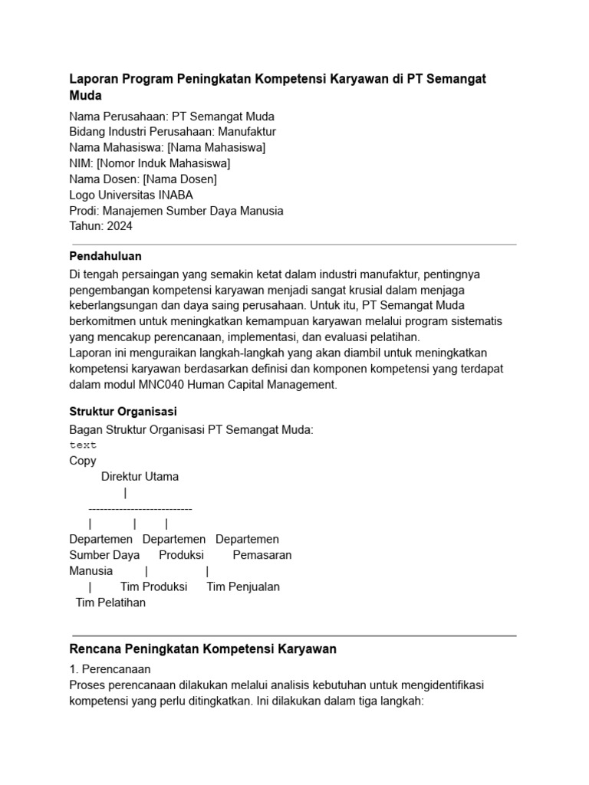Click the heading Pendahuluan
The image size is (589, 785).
click(x=105, y=256)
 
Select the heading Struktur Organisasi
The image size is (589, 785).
click(x=123, y=412)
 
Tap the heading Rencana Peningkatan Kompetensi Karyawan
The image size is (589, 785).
click(x=202, y=649)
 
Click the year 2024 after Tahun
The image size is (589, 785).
click(x=119, y=226)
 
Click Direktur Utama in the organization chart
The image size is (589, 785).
click(x=140, y=476)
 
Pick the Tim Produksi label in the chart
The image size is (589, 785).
click(x=153, y=586)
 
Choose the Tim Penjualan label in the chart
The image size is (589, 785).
click(x=243, y=586)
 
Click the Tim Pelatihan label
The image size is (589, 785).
click(x=110, y=603)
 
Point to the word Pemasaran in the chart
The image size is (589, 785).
click(x=262, y=555)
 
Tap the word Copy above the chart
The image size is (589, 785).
click(x=83, y=461)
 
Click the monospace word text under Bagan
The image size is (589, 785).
click(x=83, y=445)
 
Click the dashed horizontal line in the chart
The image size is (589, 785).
click(x=140, y=508)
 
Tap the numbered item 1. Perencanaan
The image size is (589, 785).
click(x=110, y=668)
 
